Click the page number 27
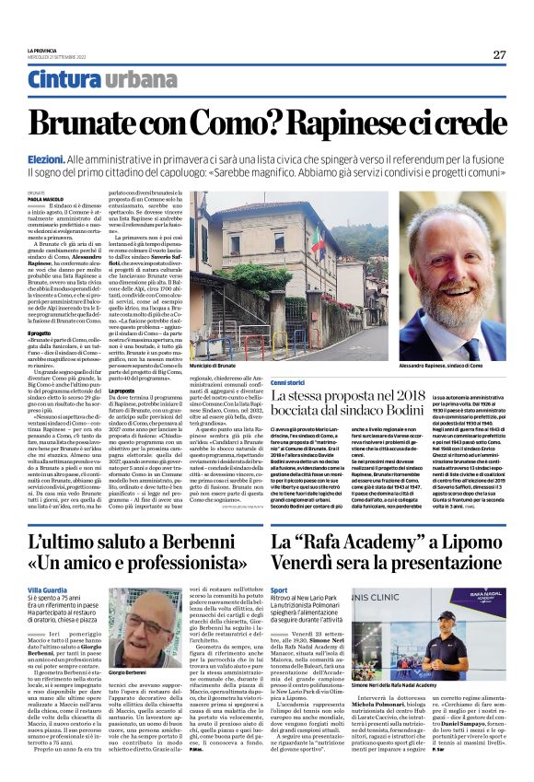(x=498, y=53)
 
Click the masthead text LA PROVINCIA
(x=44, y=50)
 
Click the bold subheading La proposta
(x=123, y=391)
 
